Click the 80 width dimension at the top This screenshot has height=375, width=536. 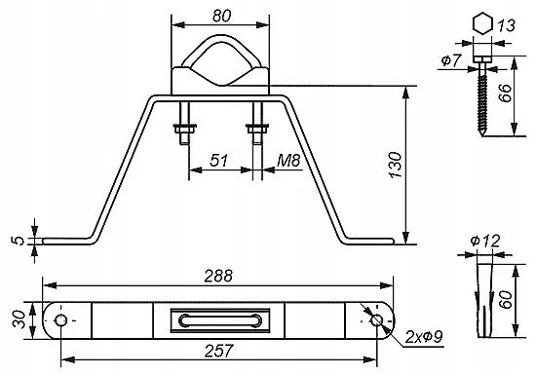coord(221,16)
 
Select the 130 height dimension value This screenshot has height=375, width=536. coord(396,165)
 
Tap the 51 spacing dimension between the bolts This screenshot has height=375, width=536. coord(218,160)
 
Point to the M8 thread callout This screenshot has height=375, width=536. coord(288,160)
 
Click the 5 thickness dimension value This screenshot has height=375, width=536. coord(19,241)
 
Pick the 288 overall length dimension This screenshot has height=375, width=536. coord(218,276)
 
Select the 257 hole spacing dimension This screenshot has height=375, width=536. coord(218,351)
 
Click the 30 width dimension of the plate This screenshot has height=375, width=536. coord(19,319)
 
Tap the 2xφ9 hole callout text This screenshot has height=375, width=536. coord(424,337)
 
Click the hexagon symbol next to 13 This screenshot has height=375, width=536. coord(482,23)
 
